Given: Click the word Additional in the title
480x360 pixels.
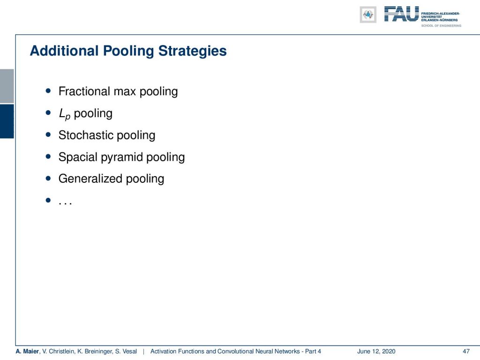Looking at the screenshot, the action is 64,51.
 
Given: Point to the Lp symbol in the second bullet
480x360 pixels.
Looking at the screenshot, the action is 65,114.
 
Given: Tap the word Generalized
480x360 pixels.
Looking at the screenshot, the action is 90,179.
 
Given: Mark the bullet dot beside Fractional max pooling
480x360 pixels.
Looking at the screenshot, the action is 48,90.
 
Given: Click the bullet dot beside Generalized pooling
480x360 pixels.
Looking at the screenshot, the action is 48,178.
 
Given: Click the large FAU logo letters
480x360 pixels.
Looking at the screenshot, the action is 401,14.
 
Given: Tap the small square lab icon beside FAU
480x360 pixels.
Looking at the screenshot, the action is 368,15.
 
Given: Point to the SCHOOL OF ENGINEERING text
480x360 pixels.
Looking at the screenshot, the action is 441,26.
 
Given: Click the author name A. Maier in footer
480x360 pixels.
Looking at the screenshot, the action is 28,352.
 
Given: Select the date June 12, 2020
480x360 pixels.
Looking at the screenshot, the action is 376,352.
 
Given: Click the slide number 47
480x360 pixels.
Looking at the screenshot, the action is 466,352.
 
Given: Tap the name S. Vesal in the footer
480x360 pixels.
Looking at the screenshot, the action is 126,352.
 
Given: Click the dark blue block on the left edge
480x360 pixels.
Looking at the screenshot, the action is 7,121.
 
